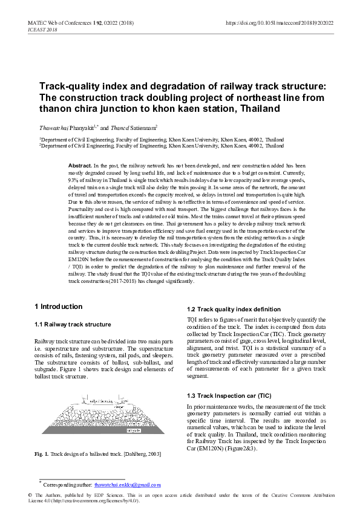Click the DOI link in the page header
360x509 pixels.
click(x=279, y=23)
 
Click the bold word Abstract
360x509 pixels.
click(x=80, y=165)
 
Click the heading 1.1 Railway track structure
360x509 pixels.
click(x=73, y=325)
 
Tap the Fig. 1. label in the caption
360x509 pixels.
click(x=41, y=454)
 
